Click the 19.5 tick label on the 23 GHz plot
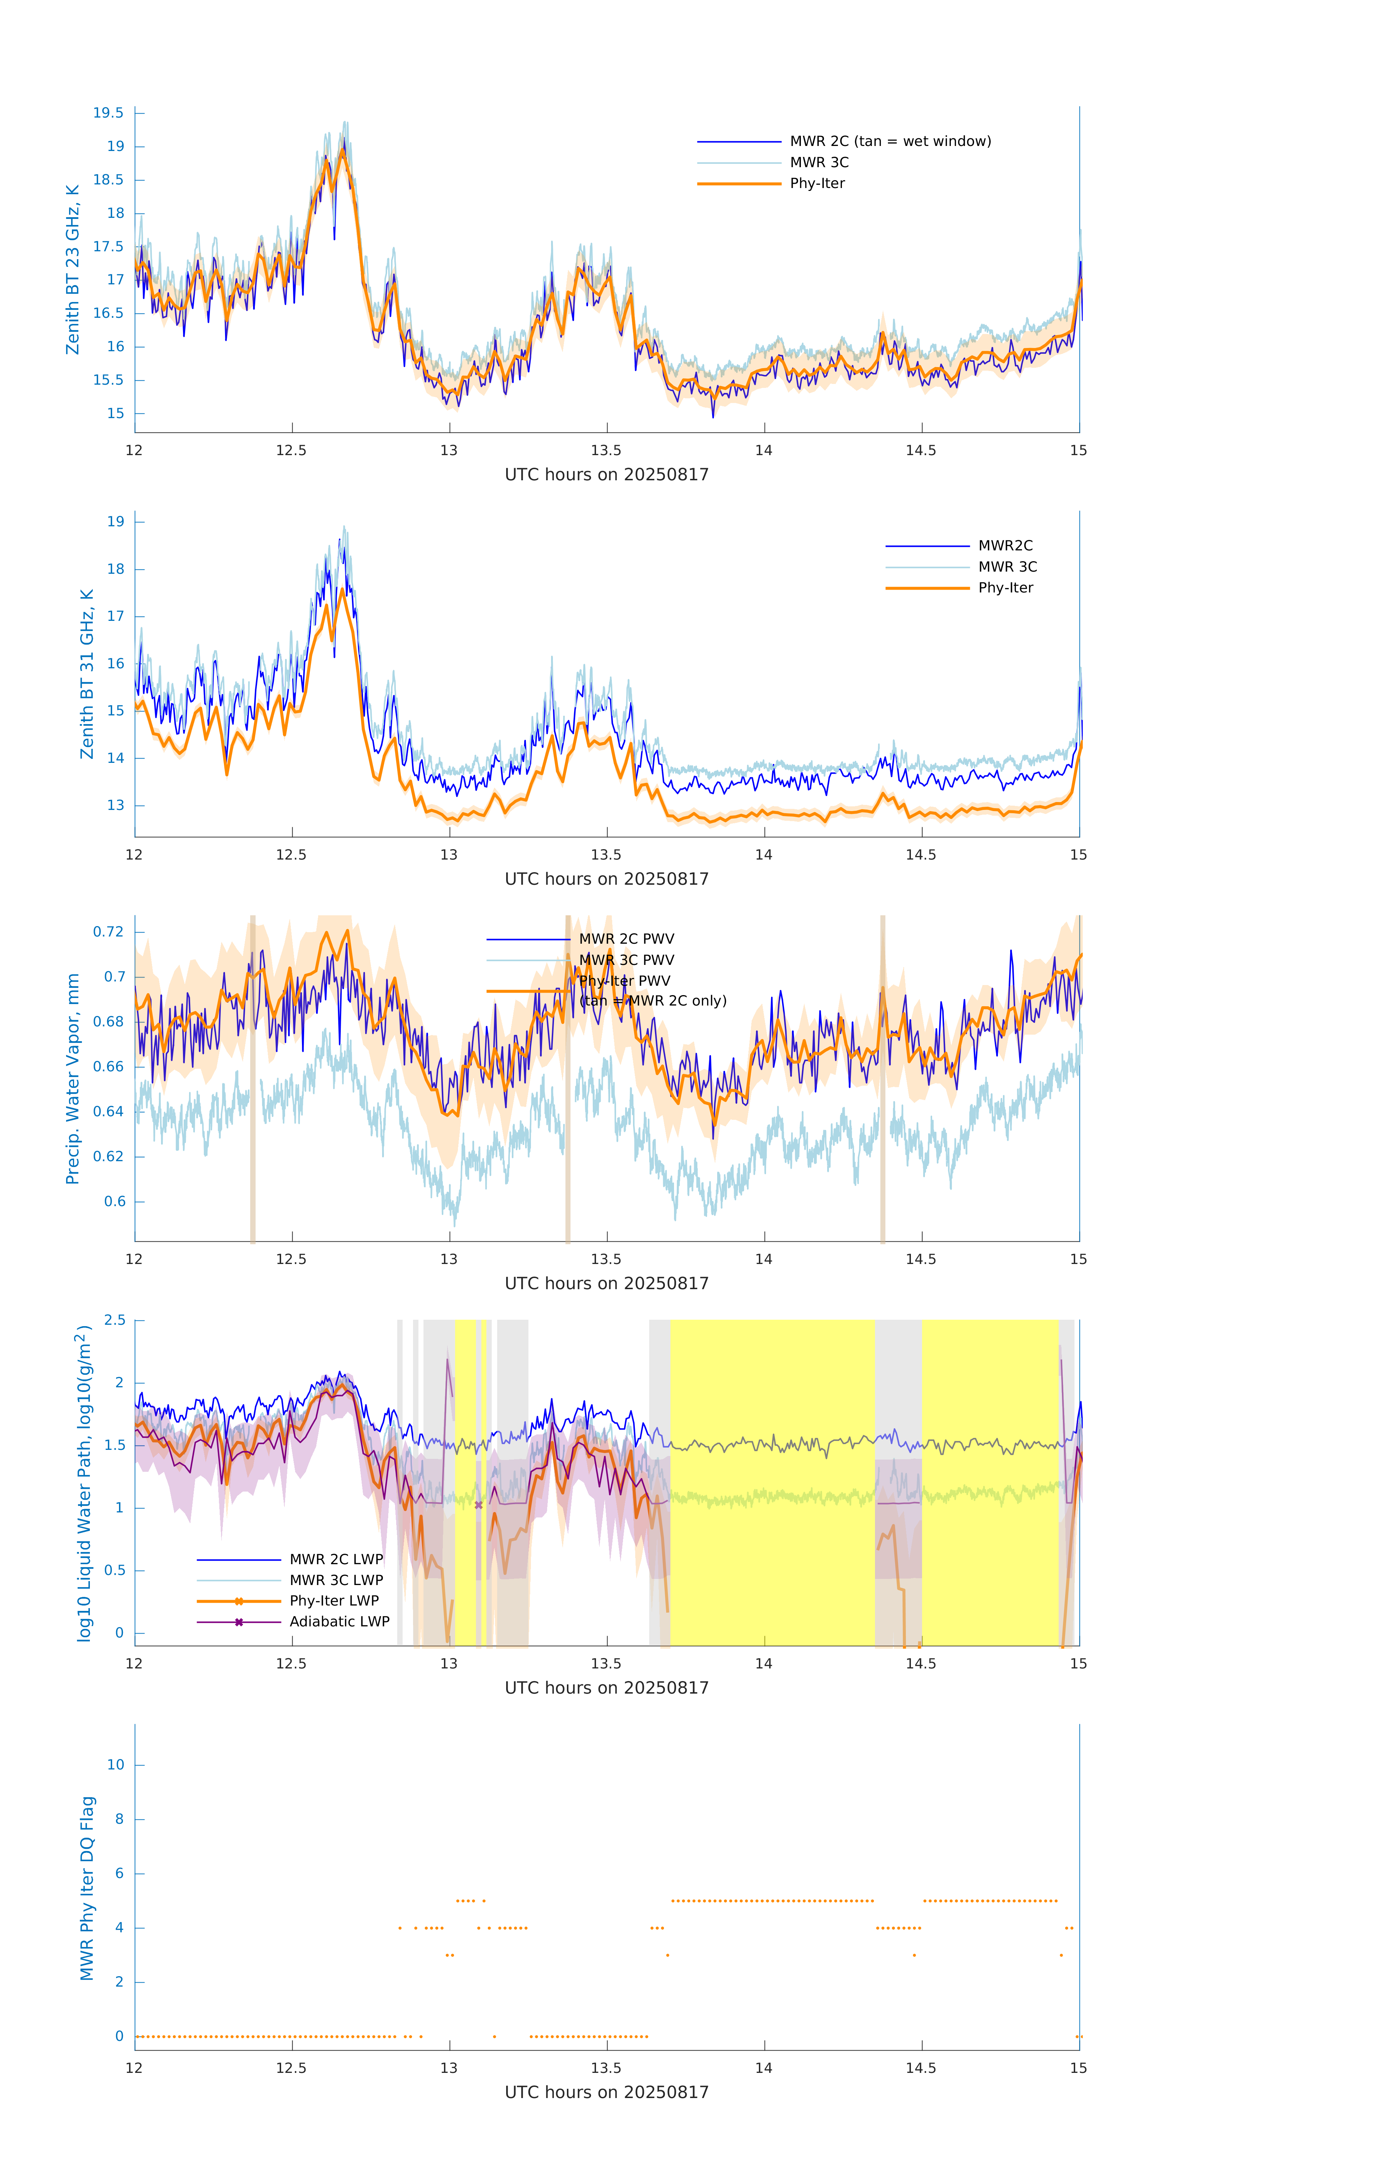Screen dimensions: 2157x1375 (109, 113)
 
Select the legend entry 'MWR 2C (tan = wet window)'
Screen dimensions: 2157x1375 (889, 142)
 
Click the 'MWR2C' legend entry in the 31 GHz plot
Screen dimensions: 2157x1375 (1005, 545)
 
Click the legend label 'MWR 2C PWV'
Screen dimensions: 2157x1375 (626, 939)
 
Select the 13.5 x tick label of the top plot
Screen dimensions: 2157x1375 (605, 450)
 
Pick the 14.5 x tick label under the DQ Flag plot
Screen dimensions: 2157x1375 (920, 2068)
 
